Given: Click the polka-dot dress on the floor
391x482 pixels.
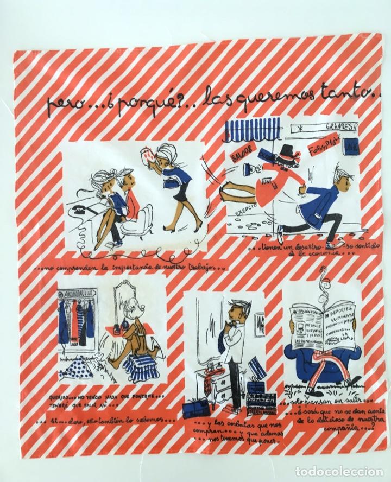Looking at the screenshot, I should pos(79,372).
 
